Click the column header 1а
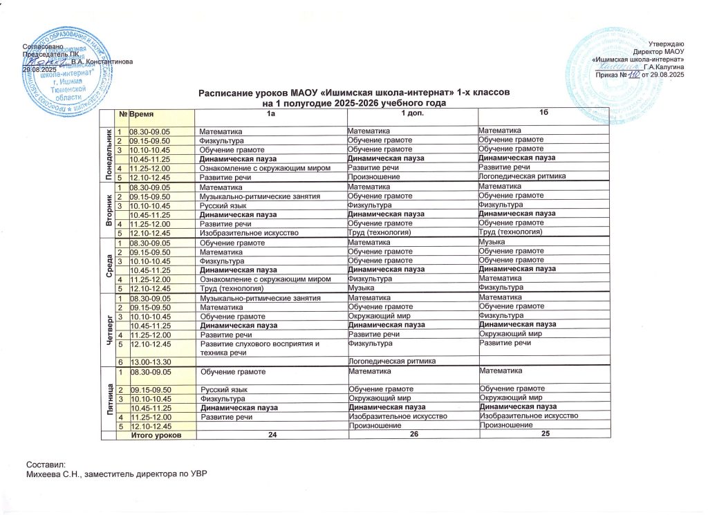pos(271,113)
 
